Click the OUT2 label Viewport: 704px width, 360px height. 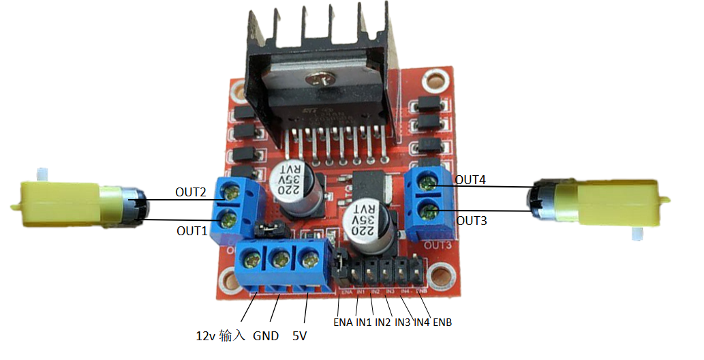tap(190, 192)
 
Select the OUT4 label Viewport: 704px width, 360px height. tap(470, 180)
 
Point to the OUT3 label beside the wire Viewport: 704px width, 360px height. tap(472, 220)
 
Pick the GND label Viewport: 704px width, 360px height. tap(266, 336)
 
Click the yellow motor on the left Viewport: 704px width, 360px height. tap(75, 203)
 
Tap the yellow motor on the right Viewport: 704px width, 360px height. tap(600, 202)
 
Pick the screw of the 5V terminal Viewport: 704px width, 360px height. tap(309, 258)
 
